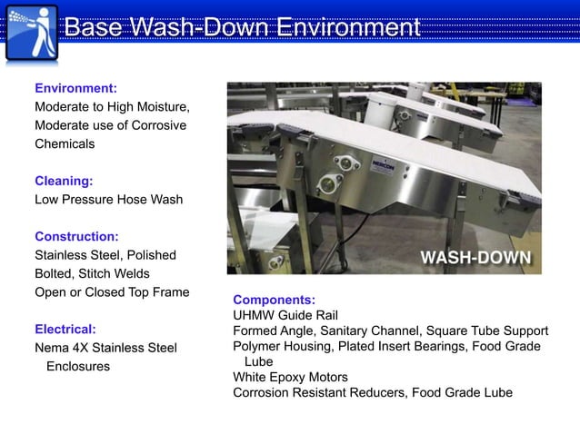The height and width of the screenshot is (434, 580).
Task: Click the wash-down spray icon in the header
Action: click(x=32, y=32)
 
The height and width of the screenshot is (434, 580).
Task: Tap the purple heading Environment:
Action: click(x=75, y=89)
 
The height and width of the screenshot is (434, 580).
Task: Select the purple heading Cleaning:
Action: click(x=64, y=181)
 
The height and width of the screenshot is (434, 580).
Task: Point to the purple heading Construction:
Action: click(x=76, y=236)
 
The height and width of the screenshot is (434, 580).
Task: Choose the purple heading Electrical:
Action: click(x=65, y=329)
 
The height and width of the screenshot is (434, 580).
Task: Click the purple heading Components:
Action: click(x=274, y=300)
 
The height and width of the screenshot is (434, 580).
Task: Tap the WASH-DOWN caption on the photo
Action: click(x=475, y=257)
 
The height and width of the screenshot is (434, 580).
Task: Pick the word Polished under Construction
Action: click(x=152, y=255)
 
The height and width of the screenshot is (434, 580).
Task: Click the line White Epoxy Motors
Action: click(x=290, y=377)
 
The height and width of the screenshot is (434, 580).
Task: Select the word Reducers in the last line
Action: click(x=376, y=392)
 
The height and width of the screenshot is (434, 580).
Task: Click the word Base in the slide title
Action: click(x=95, y=28)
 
